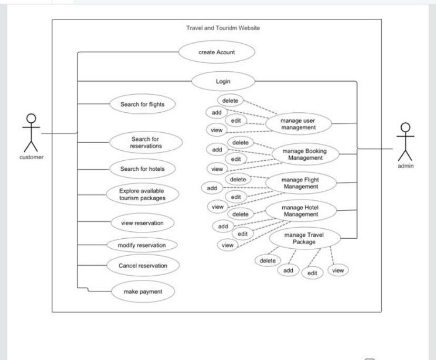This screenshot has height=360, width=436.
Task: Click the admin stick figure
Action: [405, 142]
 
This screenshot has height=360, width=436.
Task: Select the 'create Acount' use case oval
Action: [216, 52]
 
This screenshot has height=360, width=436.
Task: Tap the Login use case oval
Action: [223, 82]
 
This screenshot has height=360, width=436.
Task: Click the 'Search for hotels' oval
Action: [142, 169]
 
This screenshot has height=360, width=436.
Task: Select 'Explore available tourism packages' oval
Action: [142, 194]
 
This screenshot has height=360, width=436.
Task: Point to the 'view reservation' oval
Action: [142, 223]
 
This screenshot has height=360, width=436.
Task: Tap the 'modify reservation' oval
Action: [142, 245]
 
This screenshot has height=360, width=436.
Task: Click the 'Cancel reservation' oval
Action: [142, 266]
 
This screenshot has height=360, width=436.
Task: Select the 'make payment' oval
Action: [143, 291]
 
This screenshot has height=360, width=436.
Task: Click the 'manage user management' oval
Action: [298, 124]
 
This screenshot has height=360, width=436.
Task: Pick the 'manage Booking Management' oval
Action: [304, 154]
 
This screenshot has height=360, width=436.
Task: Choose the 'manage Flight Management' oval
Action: [300, 183]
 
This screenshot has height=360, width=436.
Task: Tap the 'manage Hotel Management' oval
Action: [300, 211]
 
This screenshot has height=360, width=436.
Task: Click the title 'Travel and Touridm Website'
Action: [223, 28]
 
